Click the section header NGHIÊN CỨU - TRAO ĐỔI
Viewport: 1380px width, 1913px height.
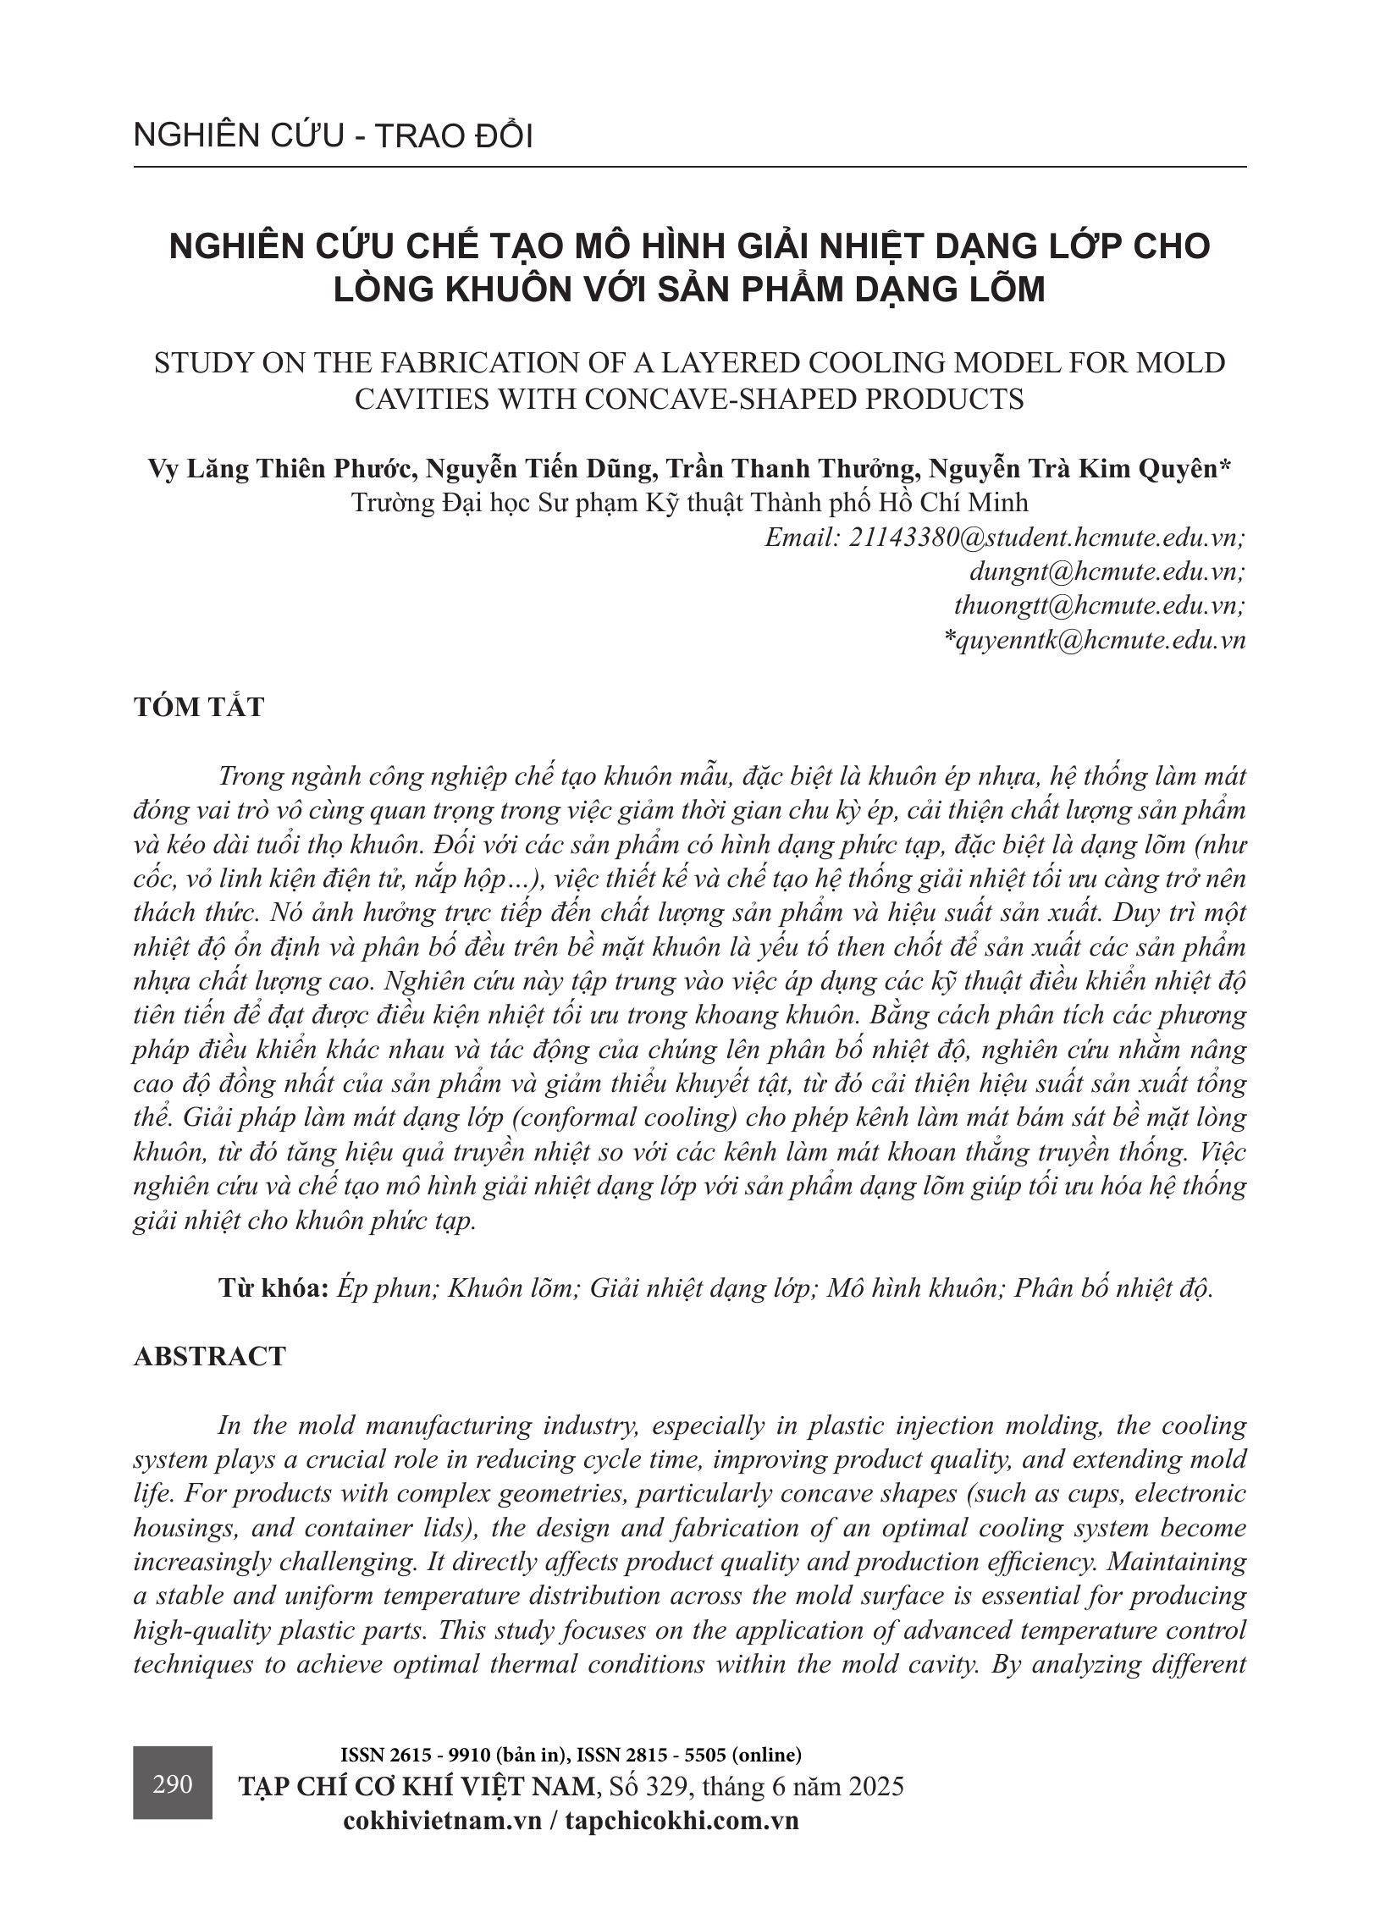(x=333, y=136)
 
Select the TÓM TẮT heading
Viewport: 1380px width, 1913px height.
(x=199, y=707)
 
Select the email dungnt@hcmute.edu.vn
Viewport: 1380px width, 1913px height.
(x=1107, y=571)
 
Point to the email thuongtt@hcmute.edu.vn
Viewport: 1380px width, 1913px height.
(x=1100, y=605)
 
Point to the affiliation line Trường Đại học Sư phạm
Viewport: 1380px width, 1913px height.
(x=689, y=503)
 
